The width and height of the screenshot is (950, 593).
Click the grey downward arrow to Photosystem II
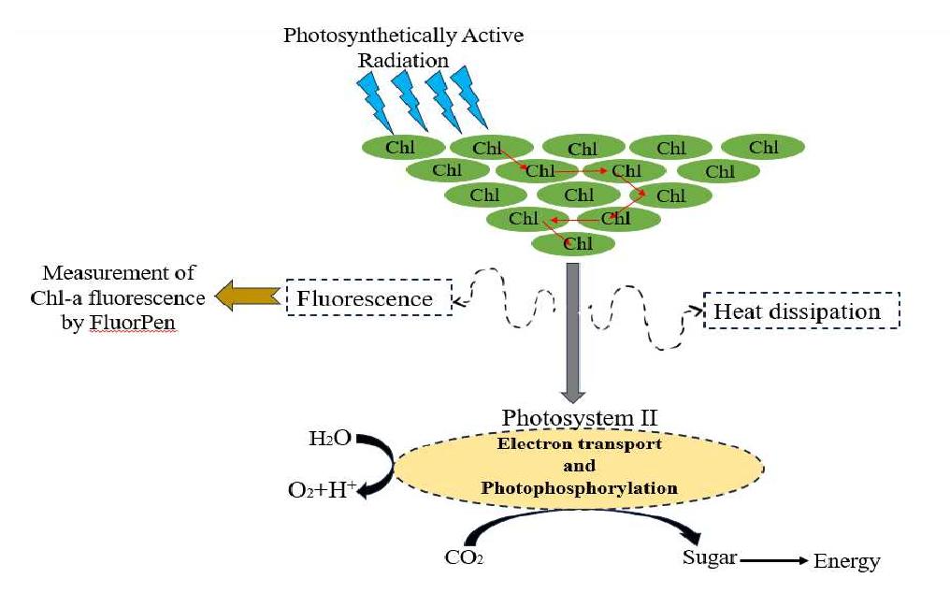pos(572,332)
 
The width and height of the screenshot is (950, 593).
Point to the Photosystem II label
pos(579,418)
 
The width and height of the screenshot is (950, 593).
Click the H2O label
pos(329,438)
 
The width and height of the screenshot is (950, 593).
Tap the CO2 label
pos(464,557)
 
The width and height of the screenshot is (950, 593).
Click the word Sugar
pos(710,557)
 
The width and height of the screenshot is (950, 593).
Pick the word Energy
pos(846,561)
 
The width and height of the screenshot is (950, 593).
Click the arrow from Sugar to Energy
pos(774,560)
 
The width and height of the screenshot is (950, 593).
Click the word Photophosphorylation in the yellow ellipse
pos(579,487)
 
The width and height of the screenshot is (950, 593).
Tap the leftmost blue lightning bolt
pos(375,102)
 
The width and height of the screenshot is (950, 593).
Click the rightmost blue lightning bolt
pos(469,97)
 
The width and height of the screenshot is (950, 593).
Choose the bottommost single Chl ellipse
pos(573,244)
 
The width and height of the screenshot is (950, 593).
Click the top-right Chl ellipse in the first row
pos(763,147)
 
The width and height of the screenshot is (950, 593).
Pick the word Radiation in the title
pos(403,60)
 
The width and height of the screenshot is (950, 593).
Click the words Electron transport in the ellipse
pos(579,443)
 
